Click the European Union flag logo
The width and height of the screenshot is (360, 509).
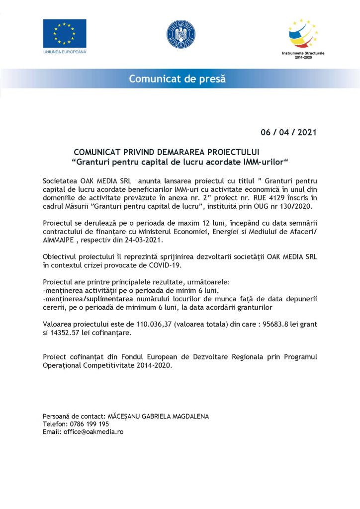tap(65, 33)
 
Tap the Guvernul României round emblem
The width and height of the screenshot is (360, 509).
tap(180, 35)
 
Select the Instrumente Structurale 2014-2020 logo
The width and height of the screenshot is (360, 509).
tap(303, 35)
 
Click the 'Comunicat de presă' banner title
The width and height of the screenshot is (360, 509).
tap(177, 79)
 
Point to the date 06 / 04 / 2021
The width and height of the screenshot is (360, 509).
tap(288, 133)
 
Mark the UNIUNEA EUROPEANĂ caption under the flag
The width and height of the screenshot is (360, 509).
tap(65, 52)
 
